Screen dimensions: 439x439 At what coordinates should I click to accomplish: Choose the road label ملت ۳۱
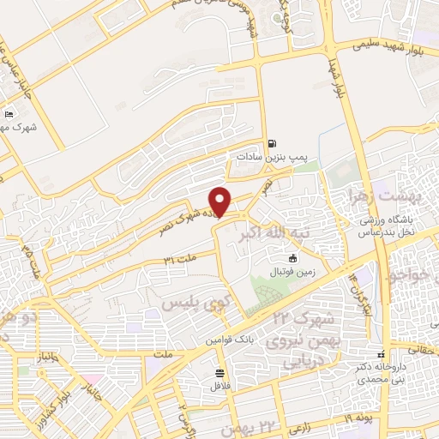click(181, 257)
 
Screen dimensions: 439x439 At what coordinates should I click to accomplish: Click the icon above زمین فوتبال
click(293, 258)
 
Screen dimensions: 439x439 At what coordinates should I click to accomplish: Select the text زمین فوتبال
click(293, 271)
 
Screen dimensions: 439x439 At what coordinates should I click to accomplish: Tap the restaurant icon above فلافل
click(220, 373)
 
